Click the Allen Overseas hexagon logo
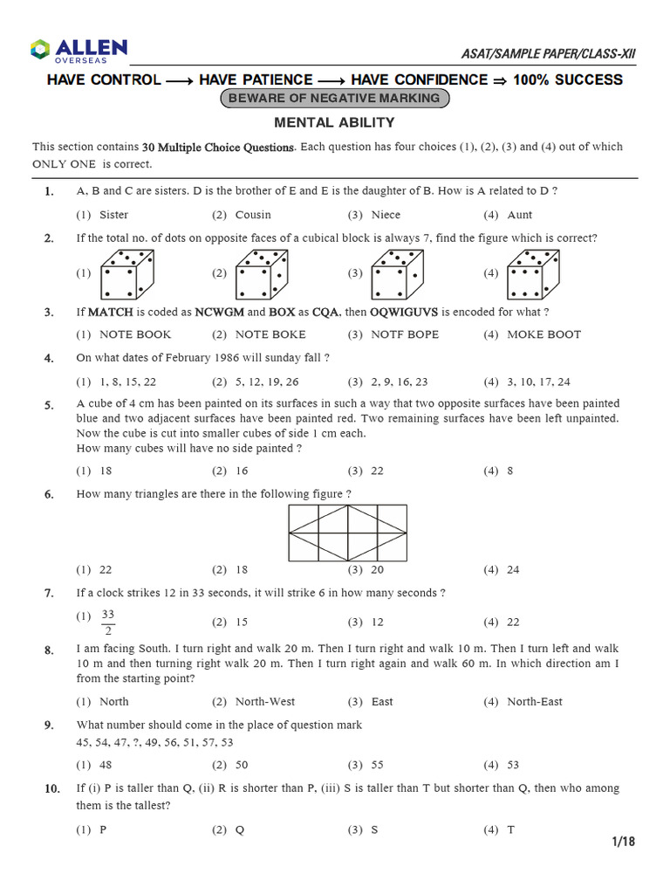tap(41, 50)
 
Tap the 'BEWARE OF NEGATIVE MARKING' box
tap(334, 99)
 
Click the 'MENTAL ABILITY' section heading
tap(334, 123)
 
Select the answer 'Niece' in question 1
tap(386, 215)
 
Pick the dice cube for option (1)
tap(126, 273)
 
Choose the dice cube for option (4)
tap(533, 273)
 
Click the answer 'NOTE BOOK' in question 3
tap(135, 334)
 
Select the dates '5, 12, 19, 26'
tap(267, 382)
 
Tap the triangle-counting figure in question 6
tap(348, 533)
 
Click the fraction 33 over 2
tap(108, 622)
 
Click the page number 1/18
tap(624, 842)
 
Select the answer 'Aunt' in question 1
tap(519, 215)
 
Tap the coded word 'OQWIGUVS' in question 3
tap(404, 312)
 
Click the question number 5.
tap(49, 405)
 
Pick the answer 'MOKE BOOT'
tap(544, 334)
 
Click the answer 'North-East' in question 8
tap(535, 702)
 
